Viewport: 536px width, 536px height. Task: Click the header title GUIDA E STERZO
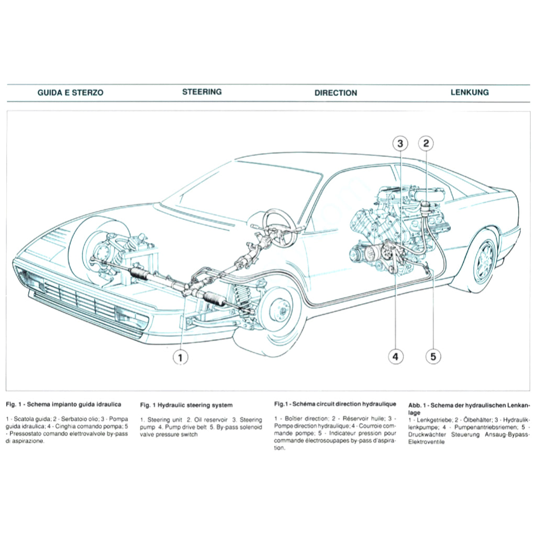71,93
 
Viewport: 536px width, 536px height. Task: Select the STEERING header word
202,92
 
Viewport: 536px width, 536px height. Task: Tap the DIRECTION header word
336,93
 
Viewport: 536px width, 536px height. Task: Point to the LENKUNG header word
470,92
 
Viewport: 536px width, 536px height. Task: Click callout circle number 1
180,358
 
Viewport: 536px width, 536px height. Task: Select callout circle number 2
426,143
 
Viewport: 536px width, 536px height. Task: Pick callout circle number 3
400,143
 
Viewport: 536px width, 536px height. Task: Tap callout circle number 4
395,357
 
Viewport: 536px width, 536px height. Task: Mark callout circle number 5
433,357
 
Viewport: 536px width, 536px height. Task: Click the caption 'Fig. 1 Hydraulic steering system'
186,405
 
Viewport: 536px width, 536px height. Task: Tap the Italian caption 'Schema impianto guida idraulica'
74,404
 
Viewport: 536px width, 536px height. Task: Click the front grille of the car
79,298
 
